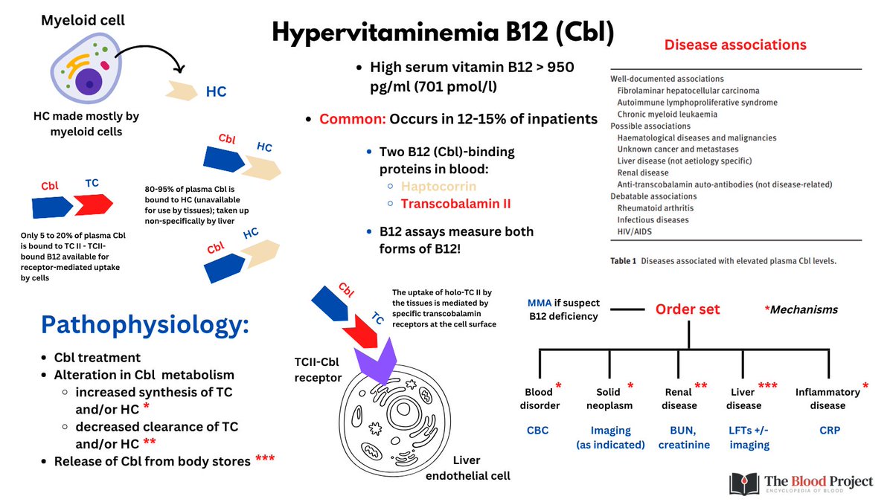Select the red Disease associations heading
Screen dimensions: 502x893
coord(734,45)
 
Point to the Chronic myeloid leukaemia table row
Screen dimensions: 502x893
coord(667,114)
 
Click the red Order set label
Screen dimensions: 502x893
coord(688,309)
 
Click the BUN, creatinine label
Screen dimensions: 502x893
coord(684,437)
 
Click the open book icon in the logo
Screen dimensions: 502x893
coord(745,483)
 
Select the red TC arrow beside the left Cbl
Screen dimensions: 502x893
coord(92,202)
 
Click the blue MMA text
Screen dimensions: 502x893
coord(540,303)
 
